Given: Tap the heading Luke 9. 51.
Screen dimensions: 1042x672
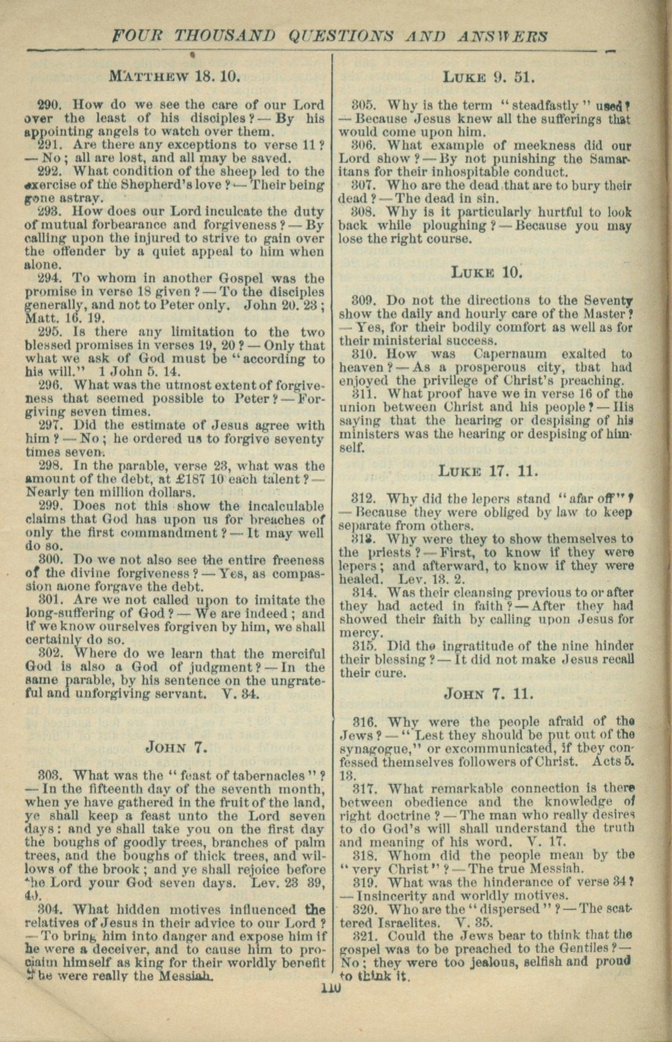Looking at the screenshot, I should click(488, 77).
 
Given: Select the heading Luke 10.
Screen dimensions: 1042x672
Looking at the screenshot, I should click(488, 272).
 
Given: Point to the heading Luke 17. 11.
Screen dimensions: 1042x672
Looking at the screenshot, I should click(488, 471).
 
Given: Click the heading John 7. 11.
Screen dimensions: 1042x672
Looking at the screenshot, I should click(489, 694).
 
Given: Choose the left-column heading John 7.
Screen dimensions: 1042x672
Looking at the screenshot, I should click(176, 748).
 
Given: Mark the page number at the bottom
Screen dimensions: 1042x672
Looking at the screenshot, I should click(331, 989).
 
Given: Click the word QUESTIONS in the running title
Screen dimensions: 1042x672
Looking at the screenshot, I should click(341, 36).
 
